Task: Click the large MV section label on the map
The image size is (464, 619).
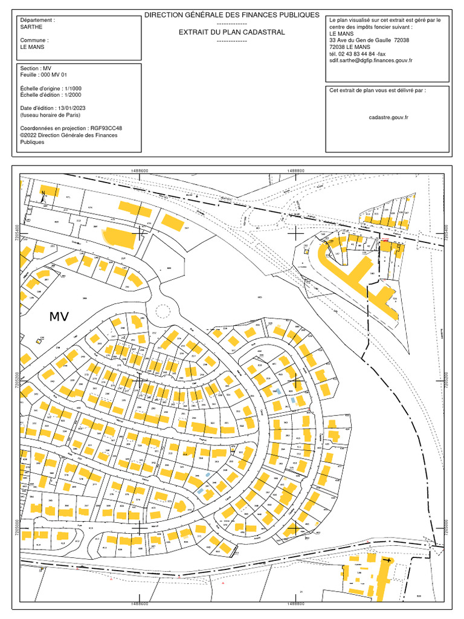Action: click(x=59, y=316)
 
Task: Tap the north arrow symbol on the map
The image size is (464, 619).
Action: click(x=43, y=194)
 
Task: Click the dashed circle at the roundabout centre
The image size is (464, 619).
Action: click(x=163, y=311)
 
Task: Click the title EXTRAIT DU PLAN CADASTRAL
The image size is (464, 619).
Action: click(x=231, y=32)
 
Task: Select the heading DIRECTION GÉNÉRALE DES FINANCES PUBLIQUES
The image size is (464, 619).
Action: click(x=231, y=15)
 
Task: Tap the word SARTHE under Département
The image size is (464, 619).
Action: click(x=31, y=27)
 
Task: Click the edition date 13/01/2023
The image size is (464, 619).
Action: click(x=71, y=108)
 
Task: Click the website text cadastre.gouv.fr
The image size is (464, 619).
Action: click(x=388, y=118)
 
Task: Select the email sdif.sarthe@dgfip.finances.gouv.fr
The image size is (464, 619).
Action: click(x=371, y=60)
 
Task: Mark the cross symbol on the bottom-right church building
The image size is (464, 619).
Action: click(x=387, y=561)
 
